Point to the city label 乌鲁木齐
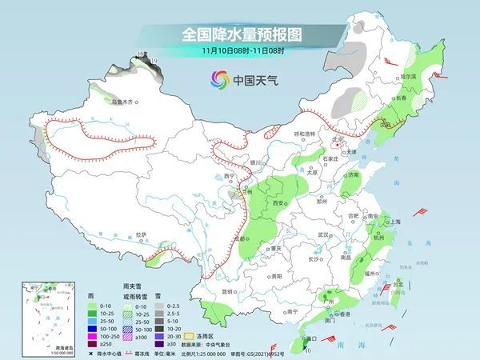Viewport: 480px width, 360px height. (126, 102)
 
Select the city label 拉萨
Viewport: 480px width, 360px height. (141, 234)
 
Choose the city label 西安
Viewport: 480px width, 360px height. (280, 204)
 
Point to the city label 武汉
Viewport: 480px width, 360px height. (323, 234)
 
